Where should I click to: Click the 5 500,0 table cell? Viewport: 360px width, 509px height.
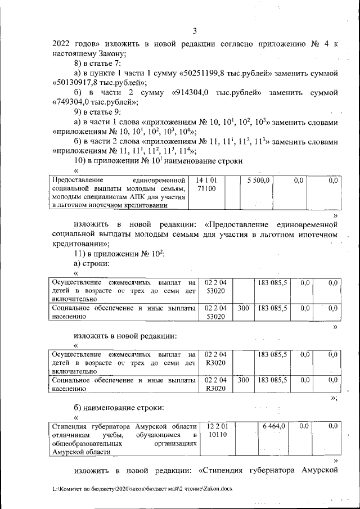coord(259,180)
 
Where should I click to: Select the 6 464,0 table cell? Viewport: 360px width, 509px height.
coord(274,427)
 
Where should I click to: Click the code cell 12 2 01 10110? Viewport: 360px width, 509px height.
coord(217,431)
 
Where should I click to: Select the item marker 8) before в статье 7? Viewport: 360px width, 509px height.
coord(71,64)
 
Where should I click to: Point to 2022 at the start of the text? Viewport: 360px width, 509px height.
coord(61,44)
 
